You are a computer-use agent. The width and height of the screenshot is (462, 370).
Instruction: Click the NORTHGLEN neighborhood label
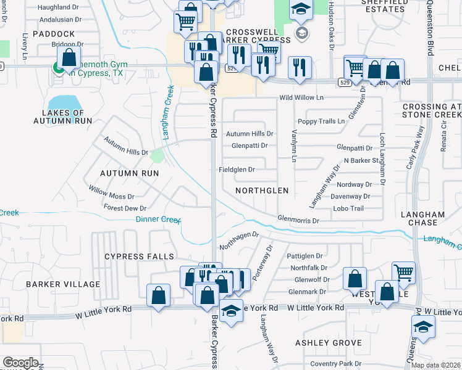[x=262, y=191]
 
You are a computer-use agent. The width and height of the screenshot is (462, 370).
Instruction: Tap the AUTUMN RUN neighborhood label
[x=130, y=174]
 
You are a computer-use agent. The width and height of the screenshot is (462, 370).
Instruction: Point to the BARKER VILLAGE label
[x=63, y=284]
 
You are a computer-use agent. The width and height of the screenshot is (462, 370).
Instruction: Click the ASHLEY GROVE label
[x=328, y=343]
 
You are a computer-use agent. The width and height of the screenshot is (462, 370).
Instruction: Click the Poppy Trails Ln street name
[x=321, y=121]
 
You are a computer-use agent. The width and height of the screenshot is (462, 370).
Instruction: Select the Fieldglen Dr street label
[x=237, y=170]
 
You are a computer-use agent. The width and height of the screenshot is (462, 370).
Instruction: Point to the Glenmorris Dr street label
[x=298, y=220]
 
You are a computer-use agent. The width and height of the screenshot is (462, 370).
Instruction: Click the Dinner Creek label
[x=157, y=220]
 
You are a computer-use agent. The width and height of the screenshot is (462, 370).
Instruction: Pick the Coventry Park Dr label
[x=335, y=364]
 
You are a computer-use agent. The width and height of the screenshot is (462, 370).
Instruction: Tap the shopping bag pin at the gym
[x=69, y=59]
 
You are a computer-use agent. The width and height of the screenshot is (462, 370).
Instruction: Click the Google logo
[x=20, y=363]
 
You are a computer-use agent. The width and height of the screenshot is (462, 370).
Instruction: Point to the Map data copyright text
[x=435, y=366]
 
